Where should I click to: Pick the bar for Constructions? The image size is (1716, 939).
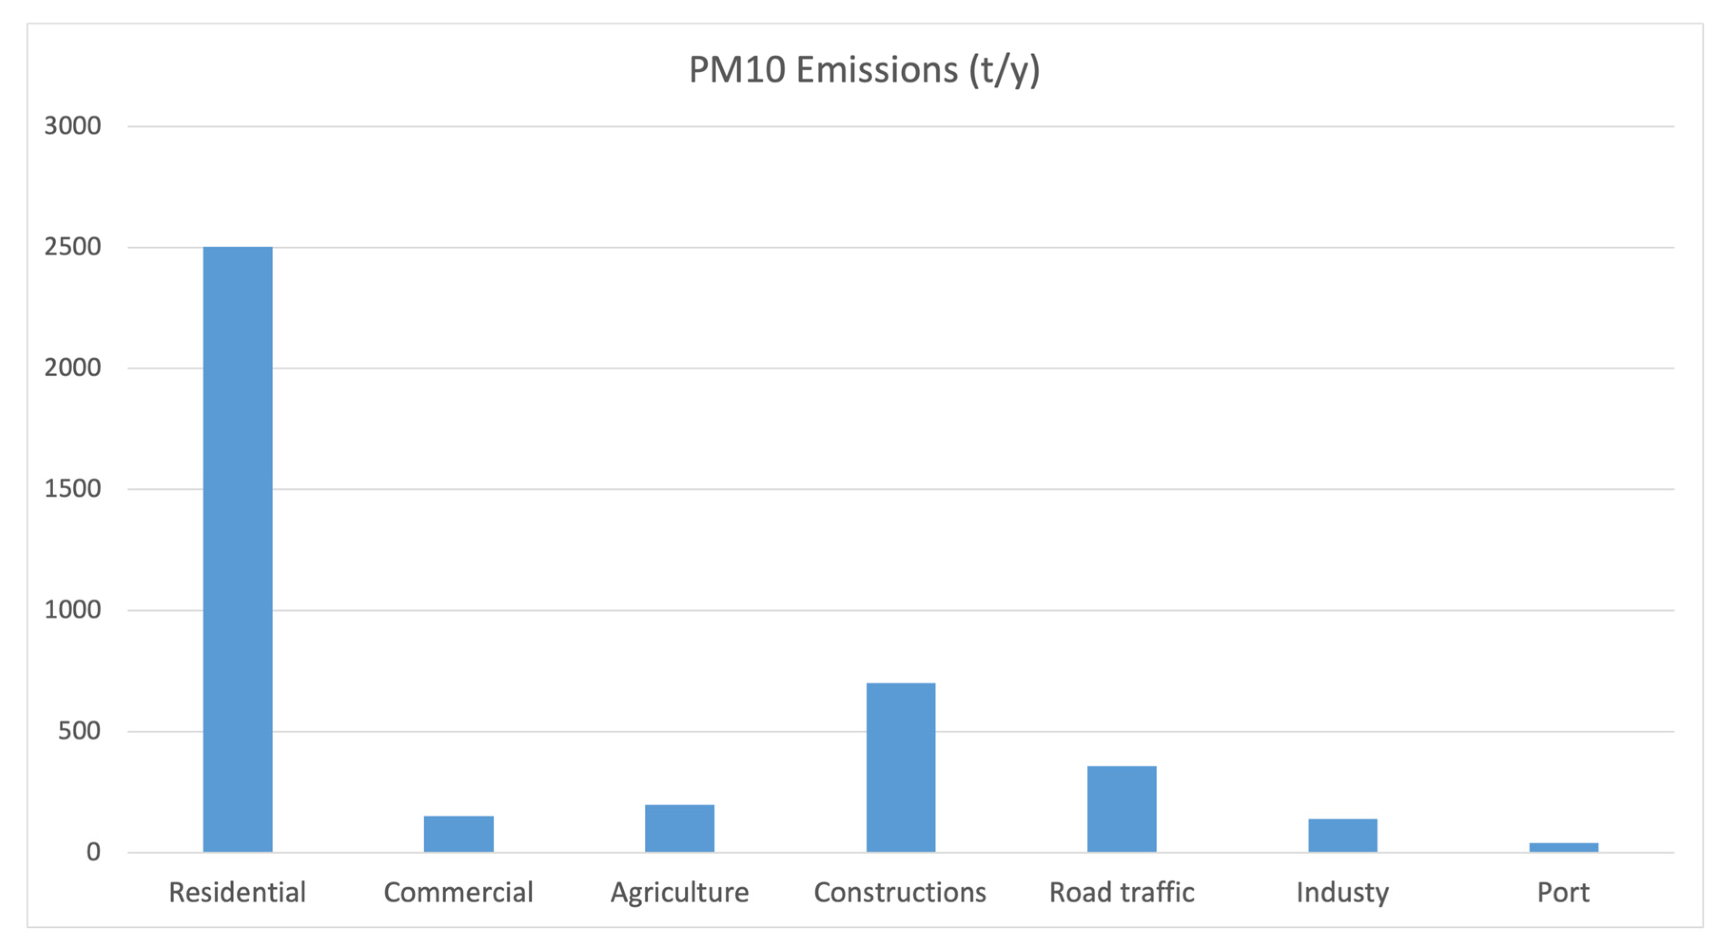click(901, 767)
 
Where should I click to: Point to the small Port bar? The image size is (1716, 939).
click(1563, 847)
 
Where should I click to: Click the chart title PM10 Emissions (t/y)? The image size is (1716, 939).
click(864, 70)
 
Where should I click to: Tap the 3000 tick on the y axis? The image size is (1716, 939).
click(73, 126)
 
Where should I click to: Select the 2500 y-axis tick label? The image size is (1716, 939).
click(73, 247)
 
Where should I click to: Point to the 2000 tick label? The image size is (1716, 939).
click(73, 368)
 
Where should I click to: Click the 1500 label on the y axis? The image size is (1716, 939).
click(73, 489)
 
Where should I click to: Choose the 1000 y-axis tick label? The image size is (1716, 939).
click(73, 610)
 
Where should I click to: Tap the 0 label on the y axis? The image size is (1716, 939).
click(93, 852)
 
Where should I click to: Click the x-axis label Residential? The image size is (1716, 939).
click(237, 892)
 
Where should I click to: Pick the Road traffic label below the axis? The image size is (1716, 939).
click(1122, 892)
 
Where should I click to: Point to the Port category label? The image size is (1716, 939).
click(1563, 892)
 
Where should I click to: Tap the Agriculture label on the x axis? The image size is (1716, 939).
click(680, 892)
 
